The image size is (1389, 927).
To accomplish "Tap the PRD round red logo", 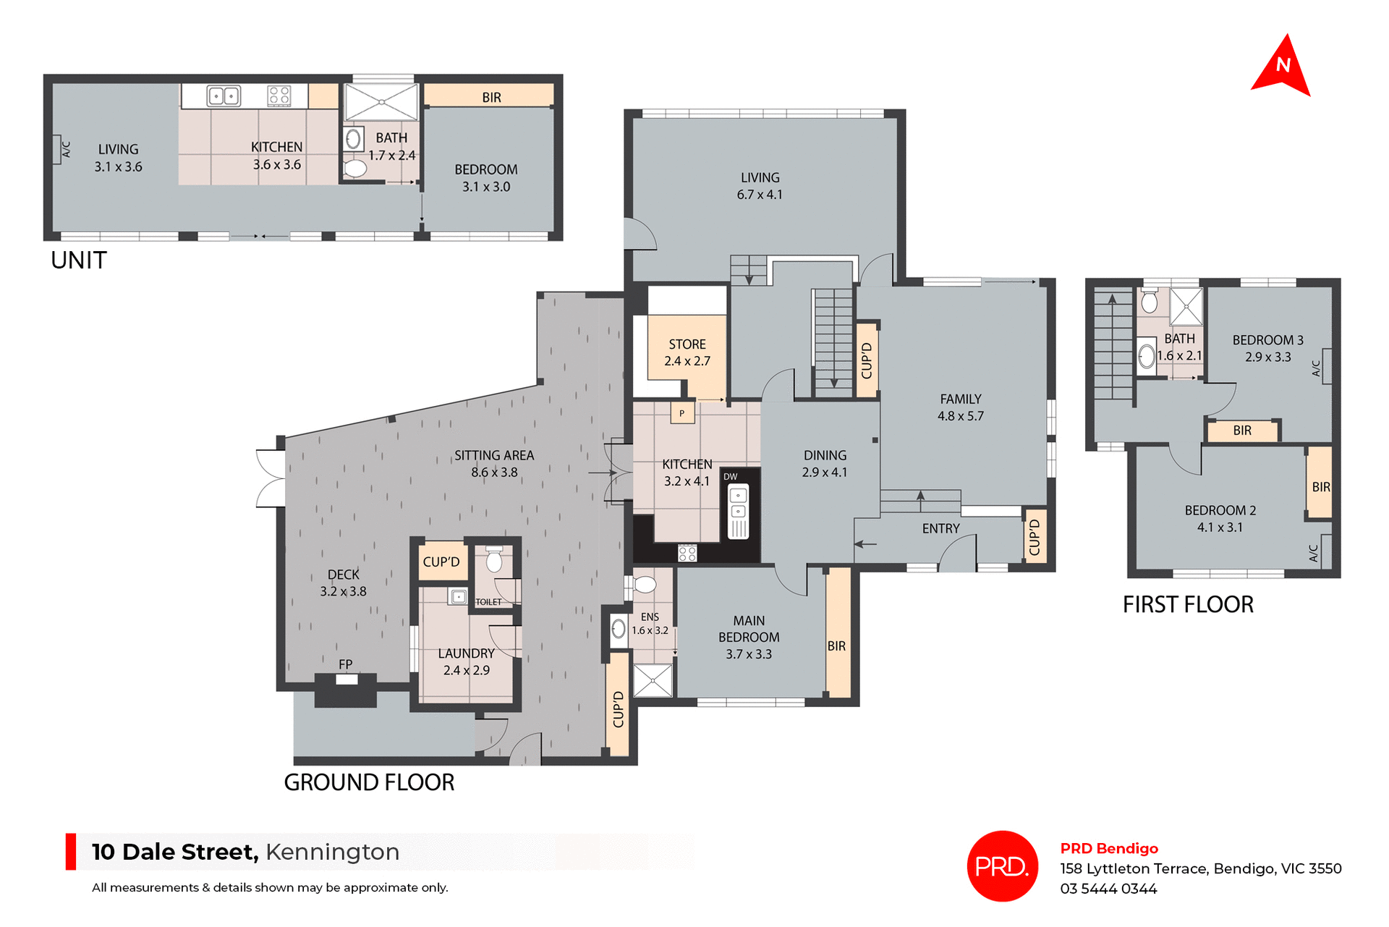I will pos(1002,865).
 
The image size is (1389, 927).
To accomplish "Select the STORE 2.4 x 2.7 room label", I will pos(687,352).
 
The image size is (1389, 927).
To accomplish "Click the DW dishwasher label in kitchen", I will pos(731,476).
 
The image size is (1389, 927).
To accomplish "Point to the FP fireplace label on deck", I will pos(345,664).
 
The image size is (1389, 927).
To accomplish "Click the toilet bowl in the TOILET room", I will pos(494,560).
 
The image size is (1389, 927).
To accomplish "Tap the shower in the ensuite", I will pos(653,680).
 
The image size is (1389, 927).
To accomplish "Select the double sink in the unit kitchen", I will pos(224,96).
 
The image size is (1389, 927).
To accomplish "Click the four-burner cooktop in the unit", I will pos(279,96).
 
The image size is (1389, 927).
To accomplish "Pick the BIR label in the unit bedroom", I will pos(491,97).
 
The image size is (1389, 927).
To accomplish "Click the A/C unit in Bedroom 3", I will pos(1327,366).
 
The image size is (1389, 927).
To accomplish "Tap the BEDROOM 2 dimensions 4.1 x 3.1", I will pos(1220,528).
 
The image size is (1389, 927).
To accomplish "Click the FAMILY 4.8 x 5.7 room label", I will pos(961,407).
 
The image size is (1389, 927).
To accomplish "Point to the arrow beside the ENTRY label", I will pos(866,543).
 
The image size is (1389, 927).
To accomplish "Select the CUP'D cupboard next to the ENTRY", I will pos(1035,536).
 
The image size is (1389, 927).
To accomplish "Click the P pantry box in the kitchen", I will pos(681,413).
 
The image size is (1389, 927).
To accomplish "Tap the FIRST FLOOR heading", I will pos(1188,604).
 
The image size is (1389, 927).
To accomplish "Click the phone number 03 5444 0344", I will pos(1108,889).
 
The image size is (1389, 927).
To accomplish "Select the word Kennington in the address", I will pos(332,852).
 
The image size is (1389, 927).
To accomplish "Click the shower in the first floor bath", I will pos(1186,306).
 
